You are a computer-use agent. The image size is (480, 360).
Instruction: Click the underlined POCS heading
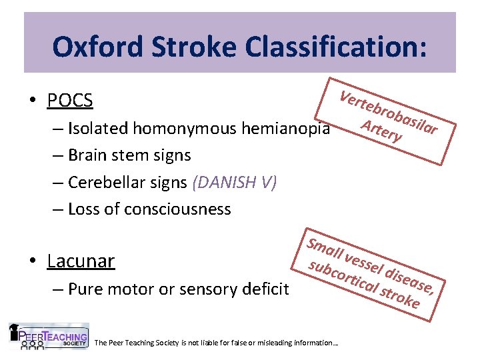click(70, 101)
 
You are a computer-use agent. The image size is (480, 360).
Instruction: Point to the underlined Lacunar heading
click(81, 261)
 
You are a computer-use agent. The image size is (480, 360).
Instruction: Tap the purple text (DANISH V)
click(233, 182)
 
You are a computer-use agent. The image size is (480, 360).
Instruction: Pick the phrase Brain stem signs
click(129, 155)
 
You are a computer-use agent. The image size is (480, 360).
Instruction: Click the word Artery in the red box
click(381, 131)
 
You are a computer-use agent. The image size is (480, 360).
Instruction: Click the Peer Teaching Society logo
click(49, 337)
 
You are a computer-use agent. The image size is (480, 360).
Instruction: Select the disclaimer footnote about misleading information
click(217, 343)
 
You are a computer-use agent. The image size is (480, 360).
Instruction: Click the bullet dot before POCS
click(33, 101)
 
